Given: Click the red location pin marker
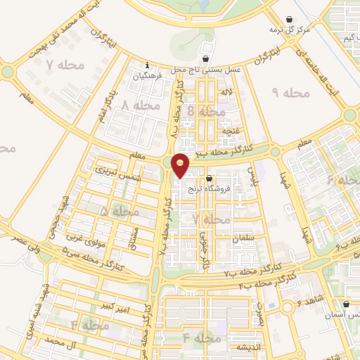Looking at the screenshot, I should point(181,165).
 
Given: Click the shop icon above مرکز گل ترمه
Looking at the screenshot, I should point(289,19).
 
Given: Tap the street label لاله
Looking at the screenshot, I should point(226,93).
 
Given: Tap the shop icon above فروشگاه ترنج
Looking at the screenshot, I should point(209,178).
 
